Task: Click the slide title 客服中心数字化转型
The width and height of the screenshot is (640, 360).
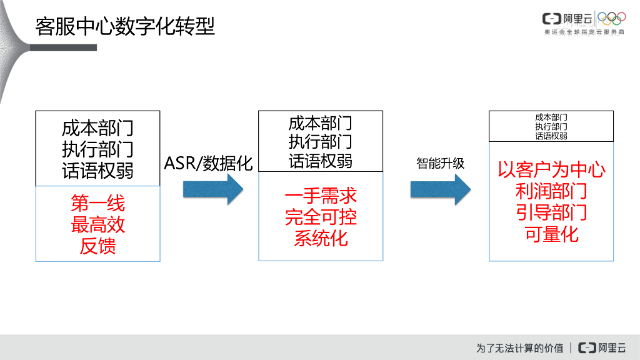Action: (x=125, y=26)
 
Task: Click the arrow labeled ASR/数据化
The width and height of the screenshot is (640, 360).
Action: (x=212, y=189)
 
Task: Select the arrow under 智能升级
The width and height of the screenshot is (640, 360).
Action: (x=440, y=189)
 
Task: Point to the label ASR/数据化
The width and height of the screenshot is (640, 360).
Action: (x=208, y=163)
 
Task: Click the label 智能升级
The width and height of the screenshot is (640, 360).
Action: (x=441, y=163)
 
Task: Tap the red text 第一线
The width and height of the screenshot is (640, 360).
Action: (x=98, y=203)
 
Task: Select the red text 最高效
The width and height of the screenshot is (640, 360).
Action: (x=98, y=224)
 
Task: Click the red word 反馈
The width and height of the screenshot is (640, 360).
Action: (x=98, y=246)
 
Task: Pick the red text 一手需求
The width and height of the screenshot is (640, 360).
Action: (x=321, y=196)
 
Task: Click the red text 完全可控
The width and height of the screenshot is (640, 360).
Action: (x=321, y=217)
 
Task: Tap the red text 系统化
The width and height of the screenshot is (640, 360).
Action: (x=321, y=238)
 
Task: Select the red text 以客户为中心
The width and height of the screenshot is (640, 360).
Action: (x=551, y=170)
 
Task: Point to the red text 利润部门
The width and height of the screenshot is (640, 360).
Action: (x=551, y=191)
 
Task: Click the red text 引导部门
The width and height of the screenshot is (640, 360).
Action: (x=551, y=212)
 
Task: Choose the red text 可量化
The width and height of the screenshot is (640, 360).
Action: (x=551, y=234)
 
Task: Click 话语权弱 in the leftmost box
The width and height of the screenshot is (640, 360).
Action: (x=98, y=171)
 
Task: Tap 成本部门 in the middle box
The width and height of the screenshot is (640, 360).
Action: (x=321, y=122)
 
